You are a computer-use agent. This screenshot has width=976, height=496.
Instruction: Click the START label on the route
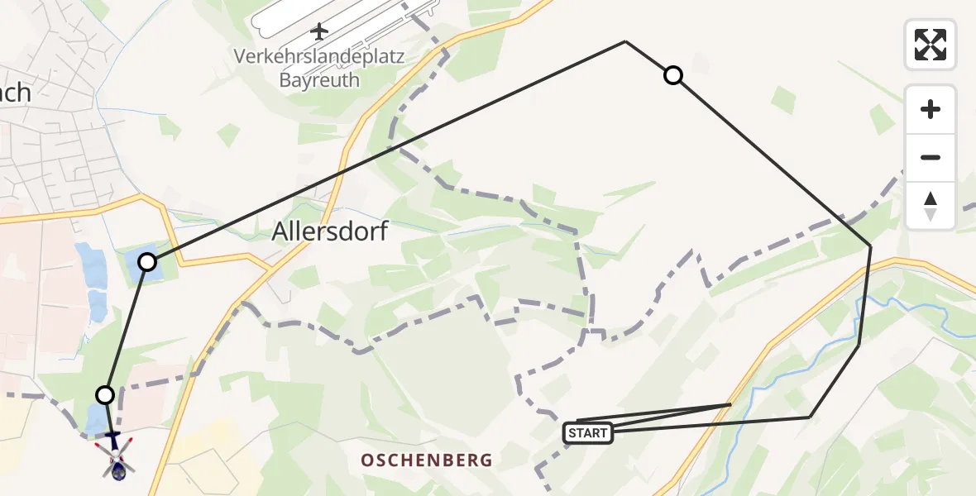click(588, 432)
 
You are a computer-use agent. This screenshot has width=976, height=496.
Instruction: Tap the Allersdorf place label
click(330, 233)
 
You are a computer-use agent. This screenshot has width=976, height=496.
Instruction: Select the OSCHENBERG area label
click(427, 460)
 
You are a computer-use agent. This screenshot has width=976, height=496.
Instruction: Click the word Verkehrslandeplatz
click(318, 57)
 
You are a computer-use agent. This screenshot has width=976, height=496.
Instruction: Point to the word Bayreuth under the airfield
click(319, 80)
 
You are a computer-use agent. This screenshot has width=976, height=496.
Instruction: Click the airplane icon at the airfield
click(319, 31)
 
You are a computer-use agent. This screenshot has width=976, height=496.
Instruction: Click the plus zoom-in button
click(931, 109)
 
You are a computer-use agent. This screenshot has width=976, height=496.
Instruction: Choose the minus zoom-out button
click(931, 157)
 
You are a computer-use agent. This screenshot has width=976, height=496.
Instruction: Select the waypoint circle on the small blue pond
click(147, 262)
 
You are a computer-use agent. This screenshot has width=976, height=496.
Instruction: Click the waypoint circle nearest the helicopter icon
click(105, 394)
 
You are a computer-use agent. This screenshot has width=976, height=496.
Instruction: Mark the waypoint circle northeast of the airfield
click(673, 76)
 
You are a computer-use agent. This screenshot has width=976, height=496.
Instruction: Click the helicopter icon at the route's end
click(115, 455)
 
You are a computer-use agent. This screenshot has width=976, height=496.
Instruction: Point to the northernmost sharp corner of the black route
click(625, 41)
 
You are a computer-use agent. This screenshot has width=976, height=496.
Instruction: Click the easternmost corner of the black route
click(870, 246)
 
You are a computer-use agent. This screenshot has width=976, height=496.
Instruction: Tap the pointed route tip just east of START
click(730, 404)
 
